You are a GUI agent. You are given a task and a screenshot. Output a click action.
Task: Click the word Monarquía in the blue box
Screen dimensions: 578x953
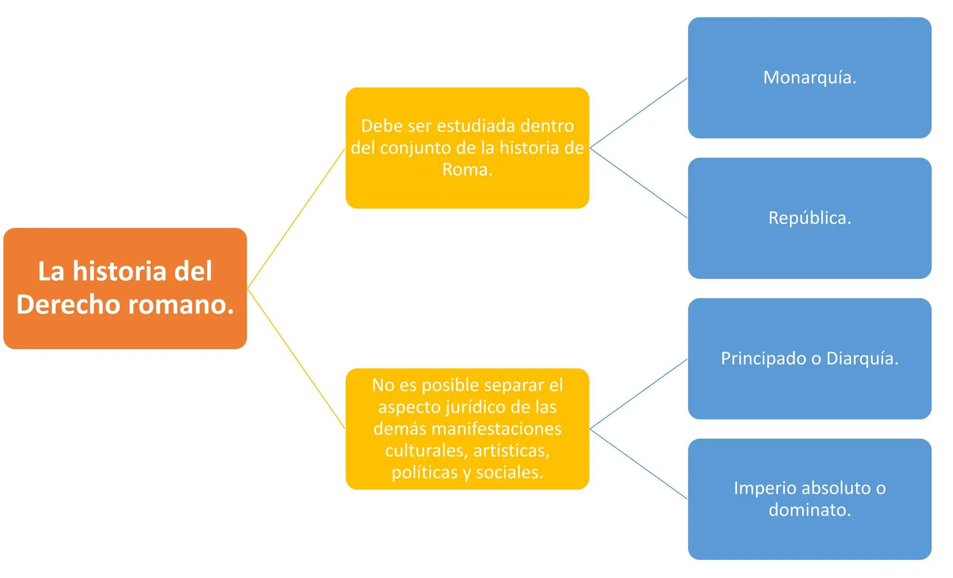(808, 78)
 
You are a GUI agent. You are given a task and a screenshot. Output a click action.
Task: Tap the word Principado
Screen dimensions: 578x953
(764, 359)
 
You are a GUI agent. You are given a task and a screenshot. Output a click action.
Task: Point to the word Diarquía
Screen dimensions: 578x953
(861, 359)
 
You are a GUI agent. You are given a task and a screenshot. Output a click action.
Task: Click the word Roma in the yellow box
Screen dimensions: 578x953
(465, 170)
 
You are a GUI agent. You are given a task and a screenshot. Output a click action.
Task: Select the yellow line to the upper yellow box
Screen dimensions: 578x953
(296, 219)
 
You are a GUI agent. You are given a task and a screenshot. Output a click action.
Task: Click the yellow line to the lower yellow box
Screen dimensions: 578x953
(296, 359)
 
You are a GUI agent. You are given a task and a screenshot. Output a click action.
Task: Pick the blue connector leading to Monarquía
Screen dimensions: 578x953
(638, 113)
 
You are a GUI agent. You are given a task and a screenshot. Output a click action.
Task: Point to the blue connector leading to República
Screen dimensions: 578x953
(638, 183)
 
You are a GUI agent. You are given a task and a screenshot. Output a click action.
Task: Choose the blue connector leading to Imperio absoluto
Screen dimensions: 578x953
(638, 464)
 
